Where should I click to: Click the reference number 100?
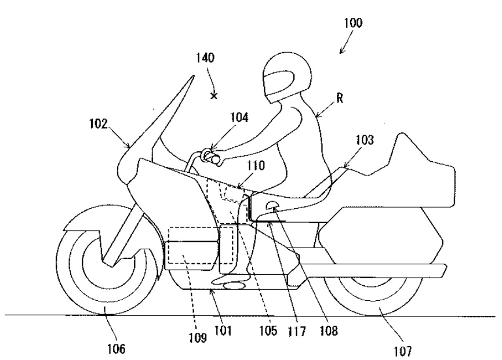pos(353,23)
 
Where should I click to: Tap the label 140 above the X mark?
pos(205,58)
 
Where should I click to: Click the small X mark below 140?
pos(214,96)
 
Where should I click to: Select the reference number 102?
pos(99,124)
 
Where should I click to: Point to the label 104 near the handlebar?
pos(239,118)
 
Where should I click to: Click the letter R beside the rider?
pos(340,99)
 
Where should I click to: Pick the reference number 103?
pos(365,140)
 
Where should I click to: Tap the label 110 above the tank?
pos(256,166)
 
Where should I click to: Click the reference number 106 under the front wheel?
pos(116,349)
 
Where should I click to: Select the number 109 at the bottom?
pos(197,337)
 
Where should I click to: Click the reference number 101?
pos(223,330)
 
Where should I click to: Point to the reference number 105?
pos(268,331)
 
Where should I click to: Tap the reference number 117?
pos(297,332)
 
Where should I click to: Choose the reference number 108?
pos(329,331)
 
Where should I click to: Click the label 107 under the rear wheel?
pos(403,351)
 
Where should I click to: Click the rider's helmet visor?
pos(278,83)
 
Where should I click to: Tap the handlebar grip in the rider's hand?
pos(213,157)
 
